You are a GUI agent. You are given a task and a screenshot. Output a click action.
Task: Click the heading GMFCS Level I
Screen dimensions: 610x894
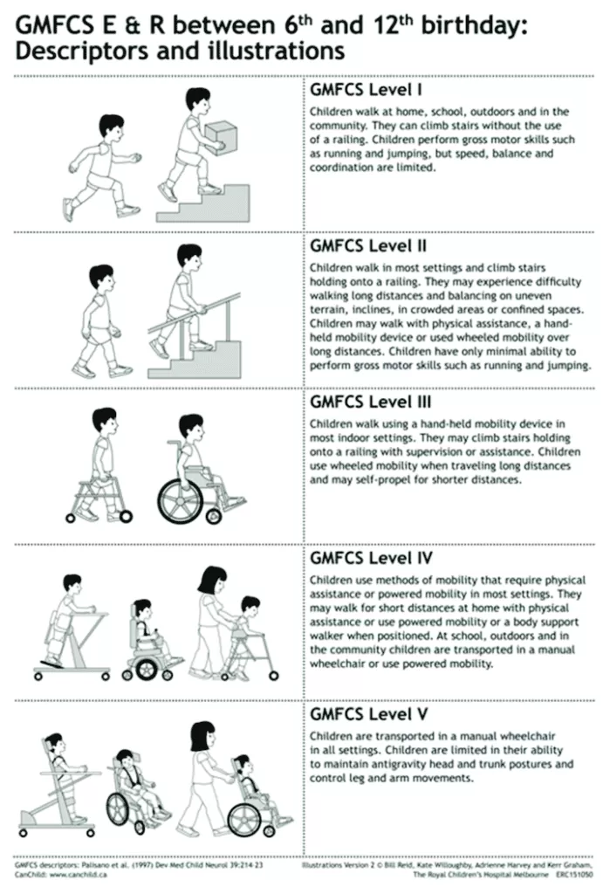tap(366, 90)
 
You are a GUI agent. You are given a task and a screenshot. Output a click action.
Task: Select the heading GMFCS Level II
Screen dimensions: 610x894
tap(368, 245)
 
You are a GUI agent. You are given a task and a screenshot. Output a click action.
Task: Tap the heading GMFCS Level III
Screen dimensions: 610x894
tap(371, 402)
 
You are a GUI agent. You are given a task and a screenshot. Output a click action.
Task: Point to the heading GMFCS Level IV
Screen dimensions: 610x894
tap(371, 558)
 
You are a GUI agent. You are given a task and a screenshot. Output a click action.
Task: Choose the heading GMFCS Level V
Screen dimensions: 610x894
tap(369, 714)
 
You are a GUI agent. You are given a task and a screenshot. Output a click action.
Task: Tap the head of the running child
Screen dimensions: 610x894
tap(111, 129)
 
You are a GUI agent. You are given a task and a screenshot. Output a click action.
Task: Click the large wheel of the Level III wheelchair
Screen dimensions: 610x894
tap(180, 501)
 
